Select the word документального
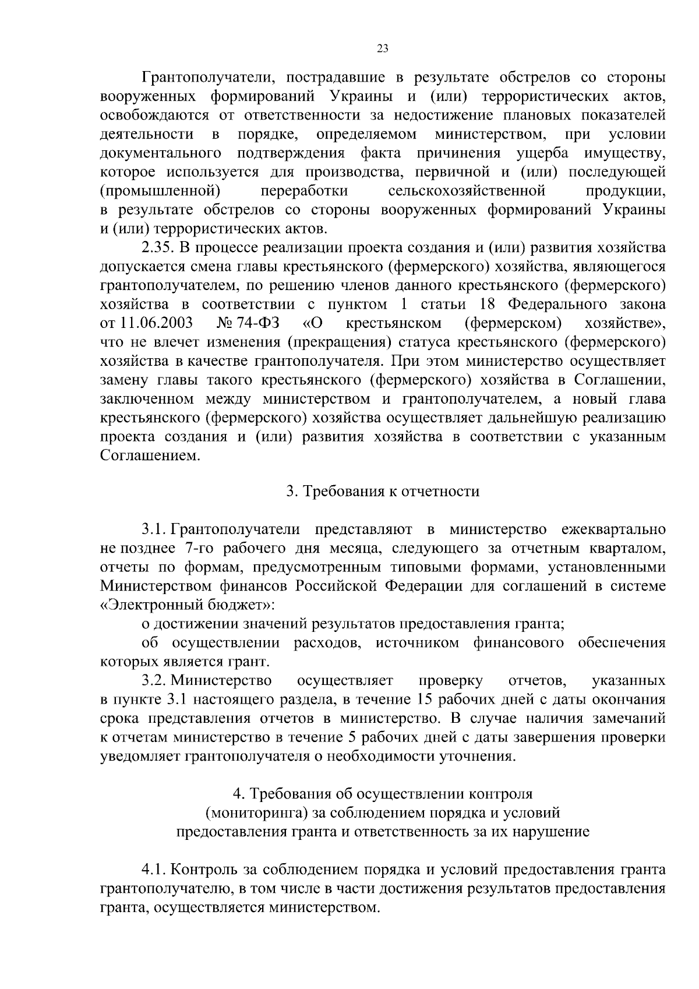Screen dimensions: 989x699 coord(161,153)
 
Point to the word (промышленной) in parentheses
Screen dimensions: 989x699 coord(160,191)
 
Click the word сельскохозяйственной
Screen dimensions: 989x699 coord(466,191)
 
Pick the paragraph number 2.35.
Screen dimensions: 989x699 coord(157,248)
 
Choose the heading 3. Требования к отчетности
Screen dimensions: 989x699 coord(382,492)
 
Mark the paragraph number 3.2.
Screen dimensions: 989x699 coord(154,680)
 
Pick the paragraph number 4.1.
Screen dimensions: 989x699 coord(154,870)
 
